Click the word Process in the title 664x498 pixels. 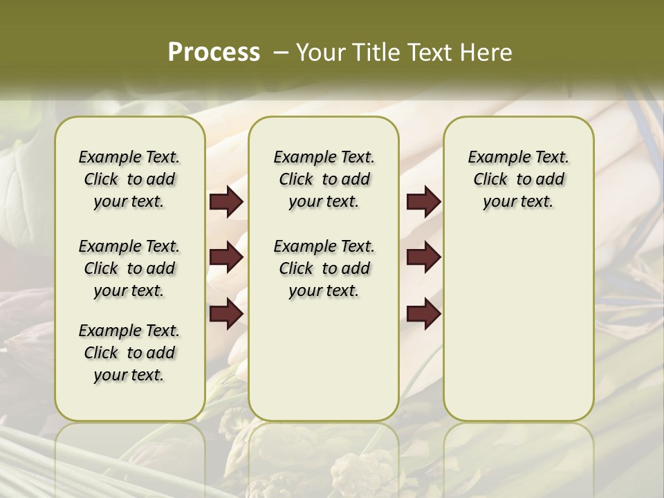coord(214,52)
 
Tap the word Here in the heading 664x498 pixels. coord(486,52)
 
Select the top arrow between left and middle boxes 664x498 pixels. coord(226,202)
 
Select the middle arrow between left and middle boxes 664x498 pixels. coord(226,258)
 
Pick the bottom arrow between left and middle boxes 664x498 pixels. coord(226,313)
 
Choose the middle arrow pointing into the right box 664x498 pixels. coord(423,258)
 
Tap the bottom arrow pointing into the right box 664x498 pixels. coord(423,313)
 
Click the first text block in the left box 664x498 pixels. coord(129,179)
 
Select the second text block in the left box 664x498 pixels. coord(129,268)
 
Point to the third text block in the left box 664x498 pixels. coord(129,353)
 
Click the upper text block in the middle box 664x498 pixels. coord(324,179)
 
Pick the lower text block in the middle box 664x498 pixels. coord(324,268)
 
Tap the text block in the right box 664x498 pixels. coord(519,179)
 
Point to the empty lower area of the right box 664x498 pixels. coord(519,325)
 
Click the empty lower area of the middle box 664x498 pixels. coord(324,360)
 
